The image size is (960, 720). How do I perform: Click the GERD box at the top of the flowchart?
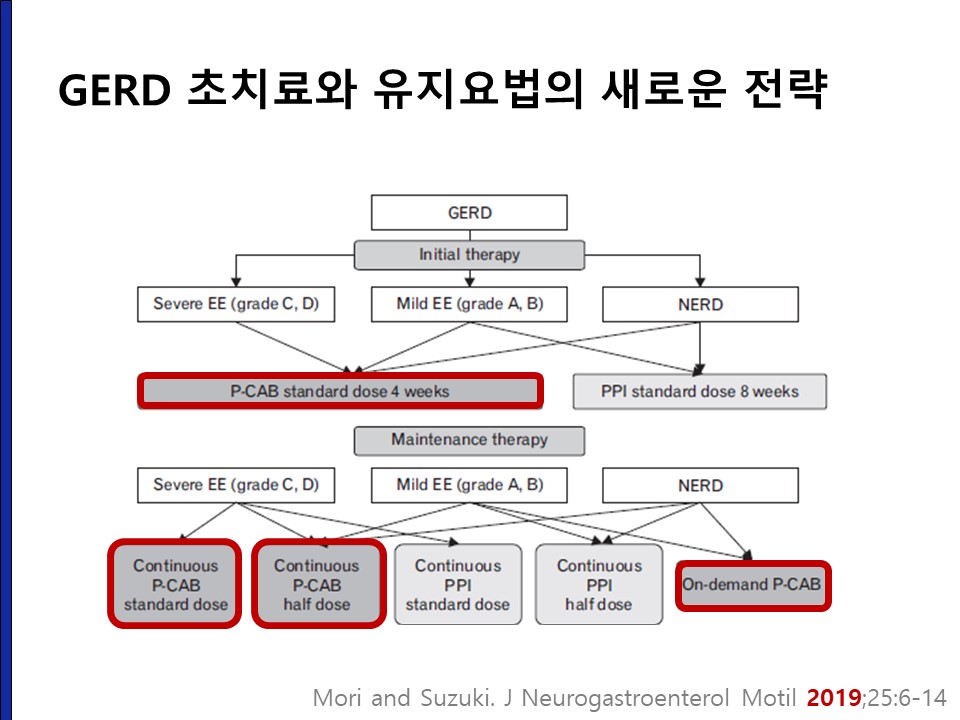click(469, 212)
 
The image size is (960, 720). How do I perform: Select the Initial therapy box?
click(469, 255)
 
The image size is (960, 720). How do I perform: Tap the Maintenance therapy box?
click(469, 440)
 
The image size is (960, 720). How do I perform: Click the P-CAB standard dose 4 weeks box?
click(340, 391)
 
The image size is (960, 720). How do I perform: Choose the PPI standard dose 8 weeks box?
click(699, 392)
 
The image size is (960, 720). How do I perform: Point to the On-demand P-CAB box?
click(753, 585)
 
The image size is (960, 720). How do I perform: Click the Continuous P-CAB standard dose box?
click(175, 584)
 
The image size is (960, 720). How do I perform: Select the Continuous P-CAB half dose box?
click(318, 584)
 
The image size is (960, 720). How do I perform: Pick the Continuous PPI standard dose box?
click(458, 585)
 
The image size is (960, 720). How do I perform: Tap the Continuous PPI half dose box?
click(599, 585)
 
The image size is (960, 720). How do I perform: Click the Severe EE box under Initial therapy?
click(236, 304)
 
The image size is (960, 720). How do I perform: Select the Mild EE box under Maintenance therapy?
click(469, 486)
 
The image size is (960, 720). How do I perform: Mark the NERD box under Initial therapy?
click(700, 304)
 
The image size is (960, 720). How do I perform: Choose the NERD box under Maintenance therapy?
click(700, 486)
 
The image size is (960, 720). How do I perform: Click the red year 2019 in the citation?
click(834, 697)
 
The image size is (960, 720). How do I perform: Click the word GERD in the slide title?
click(114, 90)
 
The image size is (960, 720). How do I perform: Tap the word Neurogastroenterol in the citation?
click(625, 698)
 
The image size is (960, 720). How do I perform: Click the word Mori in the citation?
click(337, 697)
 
